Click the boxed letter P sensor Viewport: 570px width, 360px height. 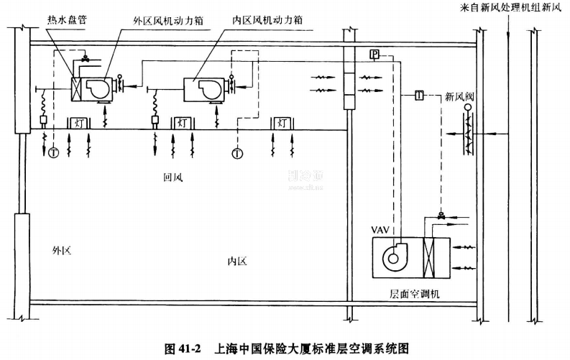click(x=374, y=55)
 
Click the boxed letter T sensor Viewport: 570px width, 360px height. click(x=420, y=95)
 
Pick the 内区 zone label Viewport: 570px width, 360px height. click(x=236, y=262)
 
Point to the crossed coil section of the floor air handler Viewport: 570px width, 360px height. click(x=431, y=257)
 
